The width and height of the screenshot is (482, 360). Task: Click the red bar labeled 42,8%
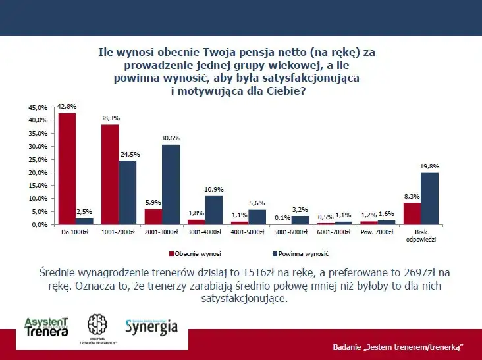67,168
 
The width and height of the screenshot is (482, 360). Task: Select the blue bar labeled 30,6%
171,184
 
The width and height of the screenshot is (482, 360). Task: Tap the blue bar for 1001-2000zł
128,192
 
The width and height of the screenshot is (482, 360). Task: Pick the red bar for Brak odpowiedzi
412,213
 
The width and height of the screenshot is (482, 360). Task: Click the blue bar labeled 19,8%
429,198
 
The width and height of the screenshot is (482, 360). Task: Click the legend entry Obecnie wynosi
197,253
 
